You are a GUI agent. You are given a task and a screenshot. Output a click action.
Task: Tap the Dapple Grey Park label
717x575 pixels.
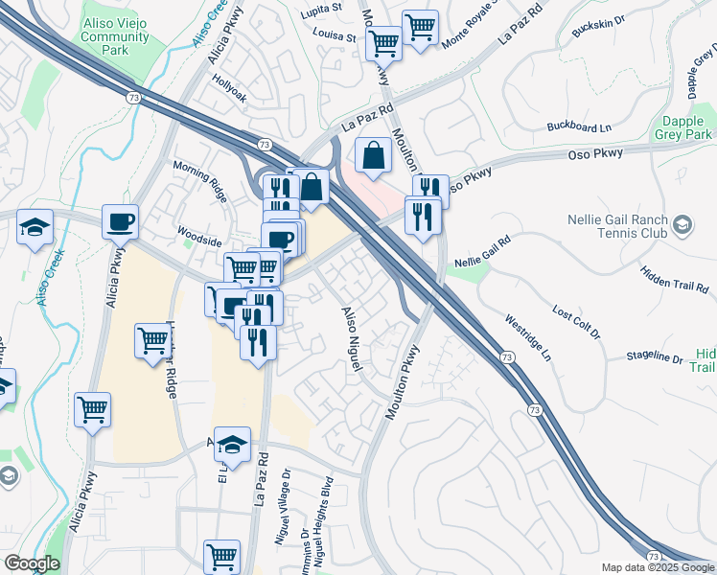tap(686, 128)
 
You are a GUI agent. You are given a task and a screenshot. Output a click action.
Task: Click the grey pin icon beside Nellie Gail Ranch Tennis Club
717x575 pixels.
tap(682, 225)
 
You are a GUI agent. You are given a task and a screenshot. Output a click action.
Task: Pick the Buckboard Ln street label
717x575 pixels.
tap(578, 126)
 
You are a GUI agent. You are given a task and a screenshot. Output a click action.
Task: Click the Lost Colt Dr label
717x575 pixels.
tap(576, 322)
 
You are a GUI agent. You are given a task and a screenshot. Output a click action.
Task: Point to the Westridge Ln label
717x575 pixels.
tap(528, 338)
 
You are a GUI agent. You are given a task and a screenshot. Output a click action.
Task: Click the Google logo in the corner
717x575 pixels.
tap(32, 563)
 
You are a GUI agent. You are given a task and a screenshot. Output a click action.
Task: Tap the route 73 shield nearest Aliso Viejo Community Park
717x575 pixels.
tap(131, 97)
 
